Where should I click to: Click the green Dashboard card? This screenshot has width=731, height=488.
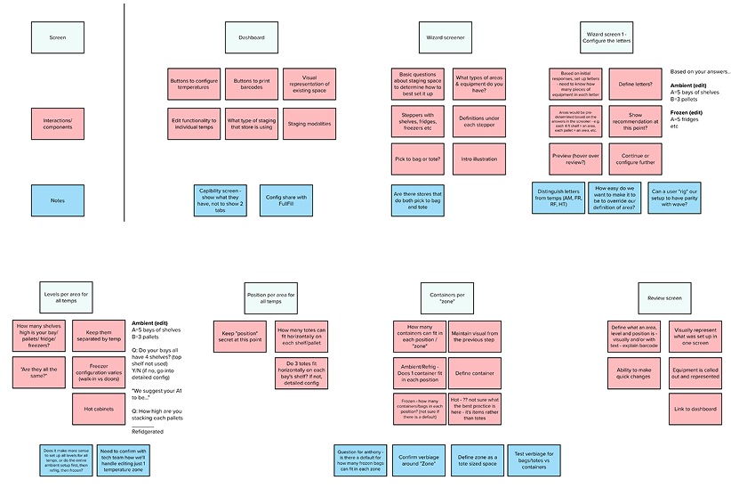point(252,37)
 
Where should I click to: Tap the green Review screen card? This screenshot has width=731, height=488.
point(663,297)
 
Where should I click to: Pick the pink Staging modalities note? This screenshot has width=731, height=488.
point(309,124)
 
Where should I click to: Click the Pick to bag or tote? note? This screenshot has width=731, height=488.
point(418,159)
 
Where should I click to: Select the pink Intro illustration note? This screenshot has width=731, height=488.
point(478,159)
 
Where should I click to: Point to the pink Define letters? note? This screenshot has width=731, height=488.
point(635,85)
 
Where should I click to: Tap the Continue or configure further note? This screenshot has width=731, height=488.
point(635,159)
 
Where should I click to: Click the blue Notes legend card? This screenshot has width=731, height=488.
point(57,200)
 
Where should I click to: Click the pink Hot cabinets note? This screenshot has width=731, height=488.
point(98,409)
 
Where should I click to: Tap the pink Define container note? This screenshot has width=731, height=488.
point(474,372)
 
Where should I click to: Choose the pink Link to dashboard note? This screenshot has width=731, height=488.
point(695,409)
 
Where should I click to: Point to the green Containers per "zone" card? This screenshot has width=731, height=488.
point(447,297)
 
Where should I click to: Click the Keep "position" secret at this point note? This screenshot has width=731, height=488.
point(240,335)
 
